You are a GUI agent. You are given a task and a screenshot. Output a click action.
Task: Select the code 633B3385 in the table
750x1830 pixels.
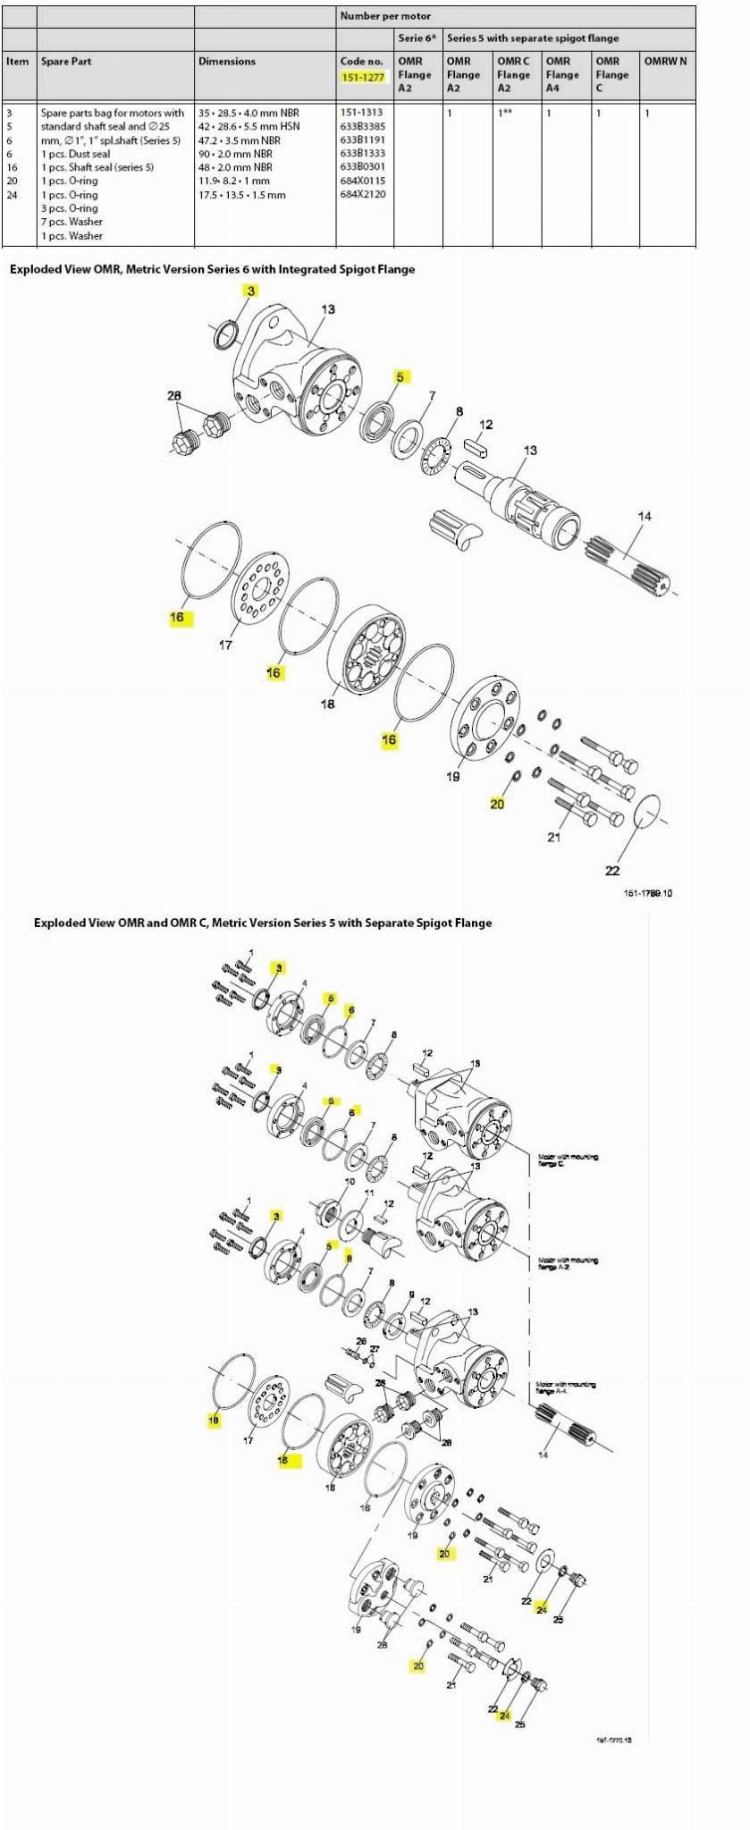tap(362, 126)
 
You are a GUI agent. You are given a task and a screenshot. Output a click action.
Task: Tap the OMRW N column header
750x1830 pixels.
tap(666, 62)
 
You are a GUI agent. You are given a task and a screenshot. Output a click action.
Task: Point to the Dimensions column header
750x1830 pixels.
tap(227, 62)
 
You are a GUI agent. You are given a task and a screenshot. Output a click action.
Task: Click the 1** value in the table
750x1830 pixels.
tap(506, 114)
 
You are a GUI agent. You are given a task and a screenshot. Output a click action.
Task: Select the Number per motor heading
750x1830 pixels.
tap(385, 16)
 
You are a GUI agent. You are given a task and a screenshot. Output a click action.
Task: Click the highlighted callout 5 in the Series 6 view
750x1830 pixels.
tap(400, 376)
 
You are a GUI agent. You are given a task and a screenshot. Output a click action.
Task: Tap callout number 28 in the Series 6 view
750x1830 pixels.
tap(174, 395)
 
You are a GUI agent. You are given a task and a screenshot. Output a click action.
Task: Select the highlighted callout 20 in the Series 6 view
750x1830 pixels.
tap(497, 804)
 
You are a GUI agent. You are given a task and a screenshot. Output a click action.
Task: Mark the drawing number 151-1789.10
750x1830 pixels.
tap(647, 892)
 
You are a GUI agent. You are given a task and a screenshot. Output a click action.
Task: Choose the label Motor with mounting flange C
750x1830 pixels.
tap(568, 1160)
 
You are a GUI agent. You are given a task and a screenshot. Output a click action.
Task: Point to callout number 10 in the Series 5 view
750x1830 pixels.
tap(350, 1181)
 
